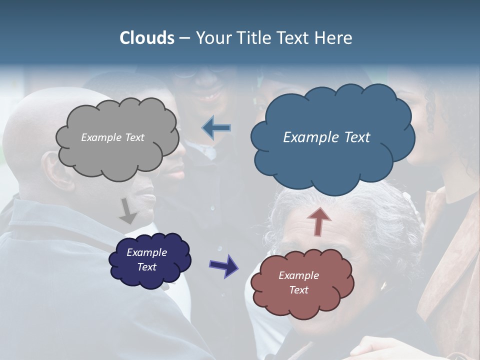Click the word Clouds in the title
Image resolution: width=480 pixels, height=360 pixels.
[147, 38]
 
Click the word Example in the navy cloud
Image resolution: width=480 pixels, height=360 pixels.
[146, 252]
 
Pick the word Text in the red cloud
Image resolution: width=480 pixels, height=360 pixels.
[298, 290]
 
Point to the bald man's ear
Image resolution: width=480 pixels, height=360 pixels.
[54, 170]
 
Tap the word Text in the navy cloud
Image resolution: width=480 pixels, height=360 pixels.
[146, 267]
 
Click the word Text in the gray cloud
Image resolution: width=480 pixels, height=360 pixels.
[134, 137]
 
